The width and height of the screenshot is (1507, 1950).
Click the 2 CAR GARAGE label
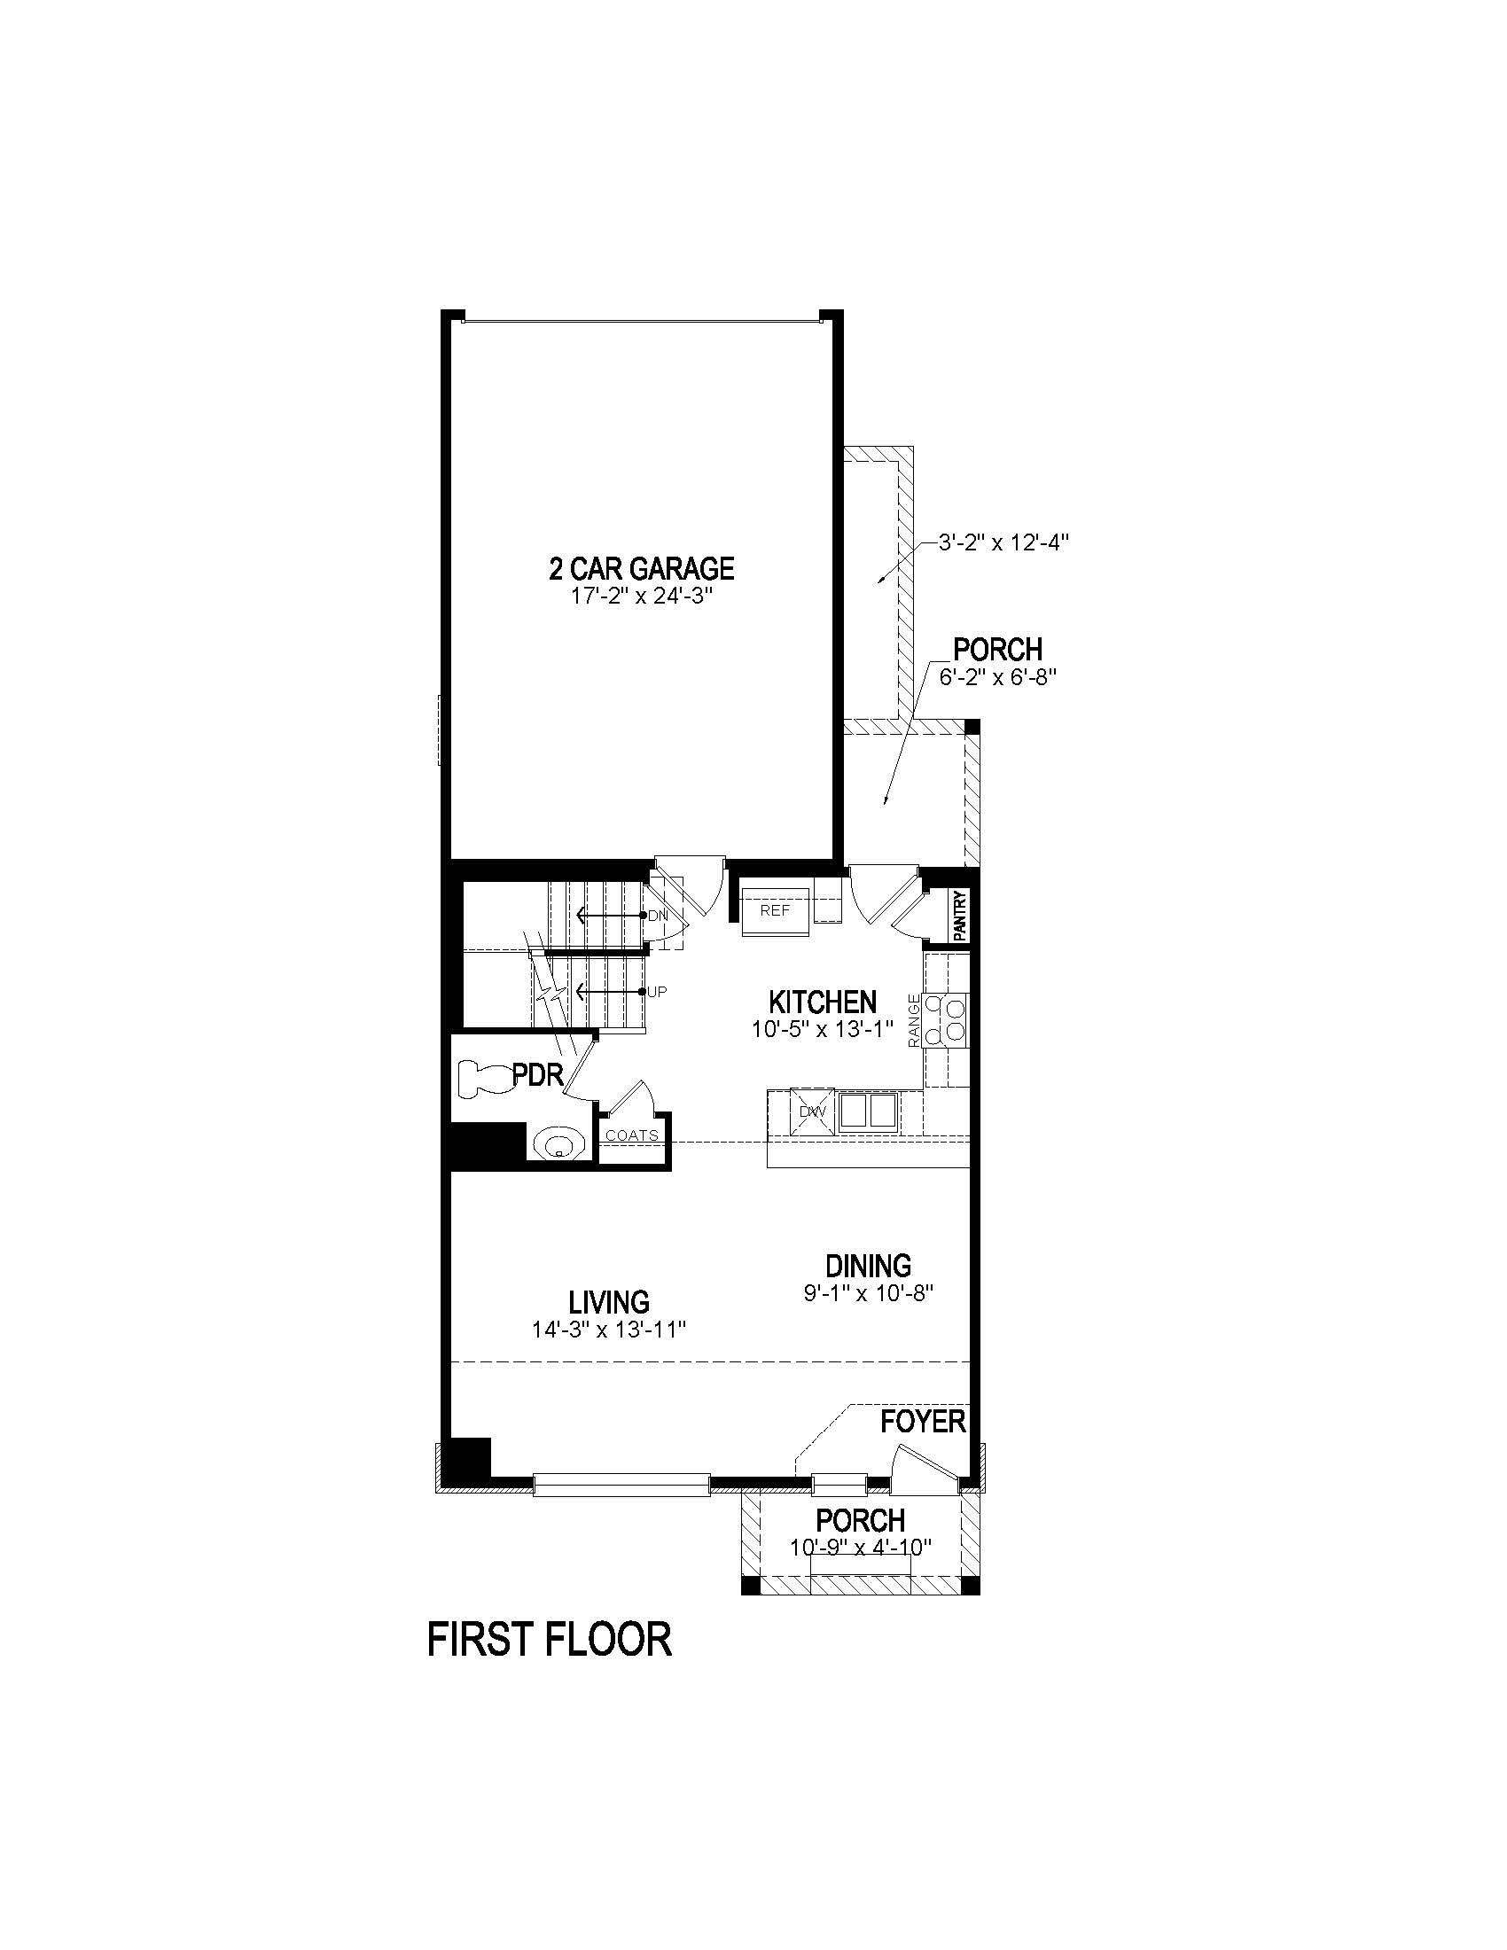click(x=641, y=568)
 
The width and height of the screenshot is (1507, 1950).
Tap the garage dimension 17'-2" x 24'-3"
click(x=641, y=596)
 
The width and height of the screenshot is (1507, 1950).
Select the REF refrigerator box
click(x=775, y=910)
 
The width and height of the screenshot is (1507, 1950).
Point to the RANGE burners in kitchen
click(x=947, y=1018)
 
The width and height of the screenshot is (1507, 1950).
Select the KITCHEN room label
click(x=823, y=1001)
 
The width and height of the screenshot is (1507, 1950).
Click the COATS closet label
click(x=632, y=1135)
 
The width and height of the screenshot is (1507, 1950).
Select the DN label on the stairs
click(x=657, y=916)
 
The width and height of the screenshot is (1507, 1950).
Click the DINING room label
click(x=868, y=1265)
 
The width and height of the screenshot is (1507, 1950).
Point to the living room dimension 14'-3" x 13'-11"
click(x=609, y=1330)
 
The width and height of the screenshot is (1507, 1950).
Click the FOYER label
click(x=923, y=1422)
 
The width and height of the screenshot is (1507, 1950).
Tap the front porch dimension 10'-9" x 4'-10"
click(x=861, y=1548)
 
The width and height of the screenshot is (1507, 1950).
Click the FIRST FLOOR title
click(x=549, y=1640)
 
